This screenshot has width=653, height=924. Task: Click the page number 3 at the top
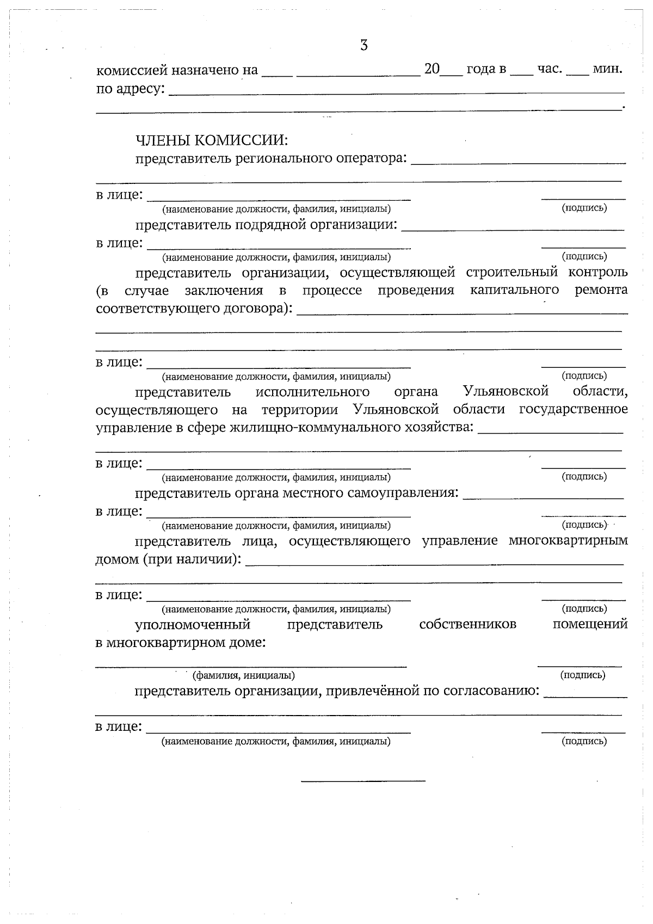pyautogui.click(x=364, y=46)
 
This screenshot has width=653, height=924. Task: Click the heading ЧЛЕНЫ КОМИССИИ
pyautogui.click(x=211, y=140)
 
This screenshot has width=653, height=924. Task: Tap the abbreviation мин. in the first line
pyautogui.click(x=607, y=70)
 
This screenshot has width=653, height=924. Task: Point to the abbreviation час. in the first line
pyautogui.click(x=550, y=70)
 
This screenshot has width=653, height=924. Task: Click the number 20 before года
pyautogui.click(x=432, y=70)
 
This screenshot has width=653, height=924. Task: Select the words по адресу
pyautogui.click(x=131, y=88)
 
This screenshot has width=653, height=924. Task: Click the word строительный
pyautogui.click(x=512, y=272)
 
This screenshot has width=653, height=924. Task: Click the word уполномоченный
pyautogui.click(x=192, y=624)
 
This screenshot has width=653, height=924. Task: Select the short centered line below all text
pyautogui.click(x=363, y=781)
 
